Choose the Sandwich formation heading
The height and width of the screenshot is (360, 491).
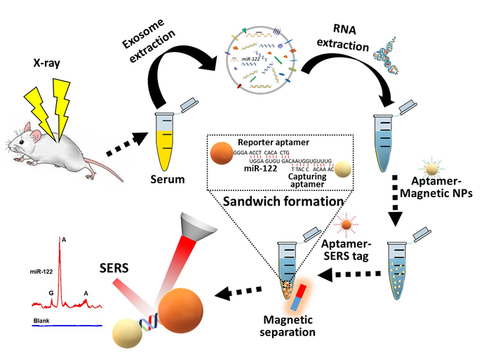pos(285,201)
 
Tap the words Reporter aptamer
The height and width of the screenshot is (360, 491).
pos(269,140)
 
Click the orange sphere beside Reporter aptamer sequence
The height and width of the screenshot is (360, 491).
pos(220,155)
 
